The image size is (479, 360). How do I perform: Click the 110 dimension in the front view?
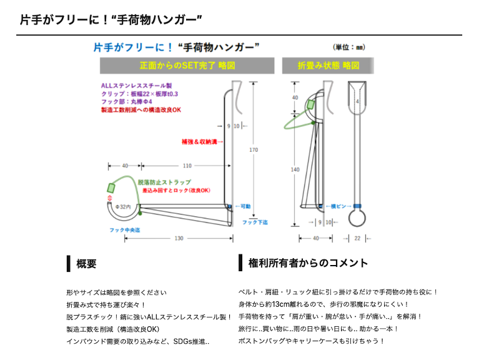pyautogui.click(x=187, y=166)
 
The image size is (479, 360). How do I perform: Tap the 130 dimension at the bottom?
pyautogui.click(x=179, y=238)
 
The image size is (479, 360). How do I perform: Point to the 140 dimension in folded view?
pyautogui.click(x=295, y=169)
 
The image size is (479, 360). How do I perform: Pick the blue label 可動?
pyautogui.click(x=243, y=206)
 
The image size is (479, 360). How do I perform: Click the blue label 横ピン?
pyautogui.click(x=340, y=206)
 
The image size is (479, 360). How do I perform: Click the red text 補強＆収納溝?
pyautogui.click(x=203, y=141)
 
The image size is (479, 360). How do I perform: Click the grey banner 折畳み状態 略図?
pyautogui.click(x=327, y=66)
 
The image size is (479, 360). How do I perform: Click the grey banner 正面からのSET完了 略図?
pyautogui.click(x=187, y=66)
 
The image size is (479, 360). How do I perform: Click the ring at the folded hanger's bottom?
pyautogui.click(x=357, y=218)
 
